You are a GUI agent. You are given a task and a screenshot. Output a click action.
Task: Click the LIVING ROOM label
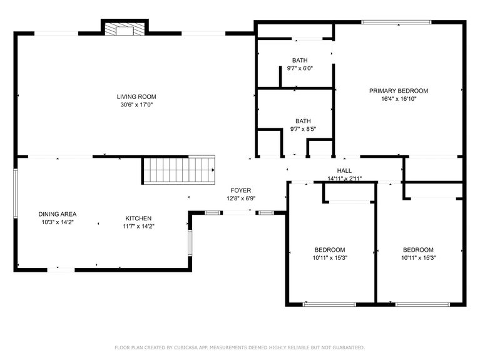click(136, 96)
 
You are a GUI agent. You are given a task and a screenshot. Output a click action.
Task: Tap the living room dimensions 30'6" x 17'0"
click(136, 105)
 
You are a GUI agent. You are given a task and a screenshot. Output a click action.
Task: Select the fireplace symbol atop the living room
click(125, 29)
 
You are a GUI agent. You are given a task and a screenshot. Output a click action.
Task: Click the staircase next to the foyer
click(179, 170)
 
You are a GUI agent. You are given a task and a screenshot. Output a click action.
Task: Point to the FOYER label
click(240, 190)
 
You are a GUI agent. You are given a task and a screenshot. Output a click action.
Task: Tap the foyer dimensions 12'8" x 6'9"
click(240, 198)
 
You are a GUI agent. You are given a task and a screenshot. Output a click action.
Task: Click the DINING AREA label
click(57, 213)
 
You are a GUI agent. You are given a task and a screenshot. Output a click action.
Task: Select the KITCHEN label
click(138, 218)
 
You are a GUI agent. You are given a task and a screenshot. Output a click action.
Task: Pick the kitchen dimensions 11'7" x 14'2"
click(138, 226)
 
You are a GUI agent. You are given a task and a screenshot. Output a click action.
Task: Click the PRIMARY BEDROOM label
click(398, 91)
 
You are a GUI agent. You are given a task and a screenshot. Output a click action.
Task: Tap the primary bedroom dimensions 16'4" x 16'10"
click(398, 99)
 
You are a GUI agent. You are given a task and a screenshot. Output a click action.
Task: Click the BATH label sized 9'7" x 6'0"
click(299, 60)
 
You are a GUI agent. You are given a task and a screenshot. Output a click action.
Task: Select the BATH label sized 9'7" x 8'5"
click(303, 121)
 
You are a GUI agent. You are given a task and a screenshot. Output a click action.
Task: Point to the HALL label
click(344, 170)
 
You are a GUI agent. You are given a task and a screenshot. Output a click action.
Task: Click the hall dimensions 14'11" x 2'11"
click(344, 178)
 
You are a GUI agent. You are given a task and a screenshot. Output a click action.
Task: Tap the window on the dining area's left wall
click(16, 200)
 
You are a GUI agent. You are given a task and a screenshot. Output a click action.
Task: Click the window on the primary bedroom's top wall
click(396, 23)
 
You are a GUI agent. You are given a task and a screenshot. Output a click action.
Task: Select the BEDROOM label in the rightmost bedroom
click(417, 249)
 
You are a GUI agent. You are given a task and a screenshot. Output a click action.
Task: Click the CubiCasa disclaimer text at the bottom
click(240, 347)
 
